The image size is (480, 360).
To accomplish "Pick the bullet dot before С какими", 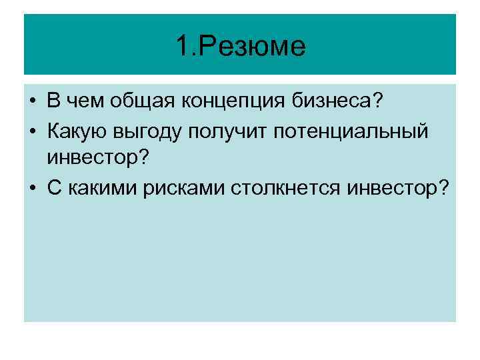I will pos(33,189).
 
